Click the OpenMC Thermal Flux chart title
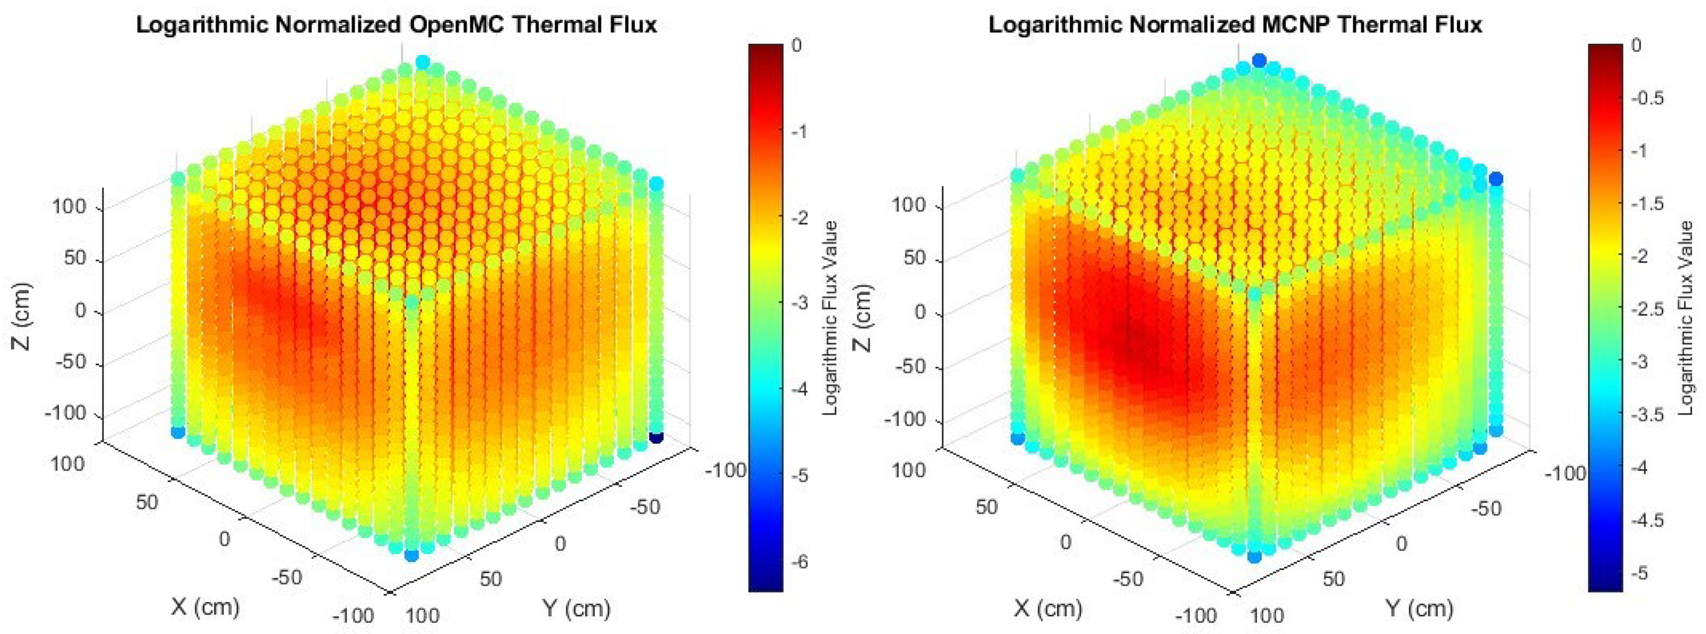pyautogui.click(x=396, y=25)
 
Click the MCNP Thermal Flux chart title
pyautogui.click(x=1235, y=25)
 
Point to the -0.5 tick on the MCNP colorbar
pyautogui.click(x=1645, y=98)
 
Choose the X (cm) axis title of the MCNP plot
pyautogui.click(x=1047, y=607)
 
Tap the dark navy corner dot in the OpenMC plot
pyautogui.click(x=656, y=437)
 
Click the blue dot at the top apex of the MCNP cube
pyautogui.click(x=1259, y=61)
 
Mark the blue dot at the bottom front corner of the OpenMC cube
pyautogui.click(x=411, y=555)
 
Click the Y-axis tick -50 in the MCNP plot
pyautogui.click(x=1485, y=508)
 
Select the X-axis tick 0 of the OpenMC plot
pyautogui.click(x=224, y=539)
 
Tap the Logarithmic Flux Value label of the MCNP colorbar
pyautogui.click(x=1685, y=318)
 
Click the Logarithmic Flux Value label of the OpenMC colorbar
pyautogui.click(x=831, y=318)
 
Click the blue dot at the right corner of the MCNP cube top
pyautogui.click(x=1495, y=178)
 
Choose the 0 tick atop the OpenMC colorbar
pyautogui.click(x=796, y=45)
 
